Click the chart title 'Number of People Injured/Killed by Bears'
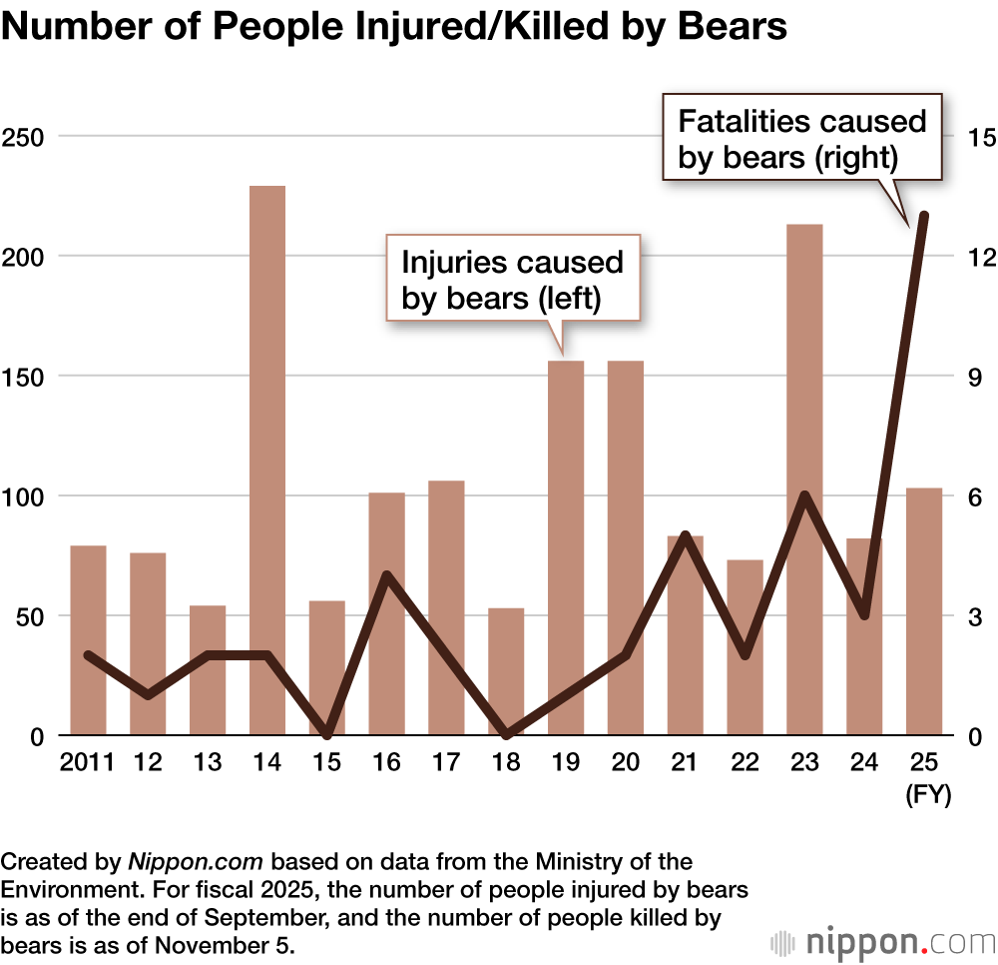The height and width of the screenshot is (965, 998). (394, 27)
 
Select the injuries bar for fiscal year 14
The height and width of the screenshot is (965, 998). (267, 460)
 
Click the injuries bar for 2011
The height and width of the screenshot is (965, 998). (88, 640)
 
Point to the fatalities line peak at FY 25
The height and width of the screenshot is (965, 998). (924, 216)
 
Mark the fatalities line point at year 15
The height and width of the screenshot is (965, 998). (327, 734)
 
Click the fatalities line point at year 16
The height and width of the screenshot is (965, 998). (386, 575)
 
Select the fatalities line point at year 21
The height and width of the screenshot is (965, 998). (685, 535)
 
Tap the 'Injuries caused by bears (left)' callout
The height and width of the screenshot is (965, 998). (512, 280)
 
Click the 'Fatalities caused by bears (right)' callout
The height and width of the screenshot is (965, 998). (802, 139)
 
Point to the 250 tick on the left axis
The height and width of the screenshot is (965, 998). (25, 137)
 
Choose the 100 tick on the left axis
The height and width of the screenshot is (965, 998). (25, 496)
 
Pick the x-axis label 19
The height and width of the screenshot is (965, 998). (566, 764)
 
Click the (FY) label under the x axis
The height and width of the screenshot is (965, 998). (927, 795)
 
